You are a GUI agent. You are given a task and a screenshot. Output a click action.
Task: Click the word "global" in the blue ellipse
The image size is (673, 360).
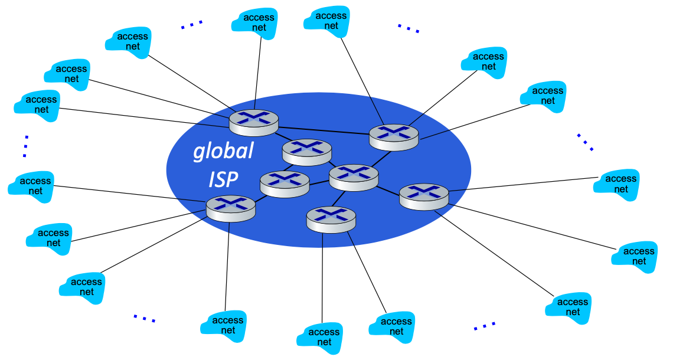(224, 152)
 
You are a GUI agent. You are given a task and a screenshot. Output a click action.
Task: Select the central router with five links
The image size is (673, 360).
(354, 176)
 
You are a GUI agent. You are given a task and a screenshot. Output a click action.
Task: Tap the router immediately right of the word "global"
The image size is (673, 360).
(306, 152)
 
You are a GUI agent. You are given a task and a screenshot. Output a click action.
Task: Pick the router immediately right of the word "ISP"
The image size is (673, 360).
(285, 183)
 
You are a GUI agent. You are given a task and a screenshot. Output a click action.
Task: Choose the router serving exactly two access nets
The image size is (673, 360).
(331, 219)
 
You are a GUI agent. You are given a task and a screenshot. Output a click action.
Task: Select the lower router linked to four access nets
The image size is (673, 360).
(231, 208)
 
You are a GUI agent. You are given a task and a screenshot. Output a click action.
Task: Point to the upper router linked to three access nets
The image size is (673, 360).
(394, 136)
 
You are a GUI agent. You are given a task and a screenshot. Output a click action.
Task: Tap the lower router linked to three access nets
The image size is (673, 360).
(424, 196)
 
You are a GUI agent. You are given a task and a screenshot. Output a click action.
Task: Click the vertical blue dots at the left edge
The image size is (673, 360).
(25, 146)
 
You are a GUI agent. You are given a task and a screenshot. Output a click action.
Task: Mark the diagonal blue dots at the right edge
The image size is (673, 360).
(585, 142)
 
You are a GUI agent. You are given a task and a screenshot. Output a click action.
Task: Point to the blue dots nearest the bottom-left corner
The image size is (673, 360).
(144, 318)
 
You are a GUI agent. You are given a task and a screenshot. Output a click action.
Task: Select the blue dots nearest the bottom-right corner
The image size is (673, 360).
(485, 325)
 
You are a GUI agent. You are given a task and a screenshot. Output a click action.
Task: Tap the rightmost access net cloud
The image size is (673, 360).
(639, 256)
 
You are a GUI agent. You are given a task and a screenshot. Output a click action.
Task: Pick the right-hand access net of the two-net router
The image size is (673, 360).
(392, 326)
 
